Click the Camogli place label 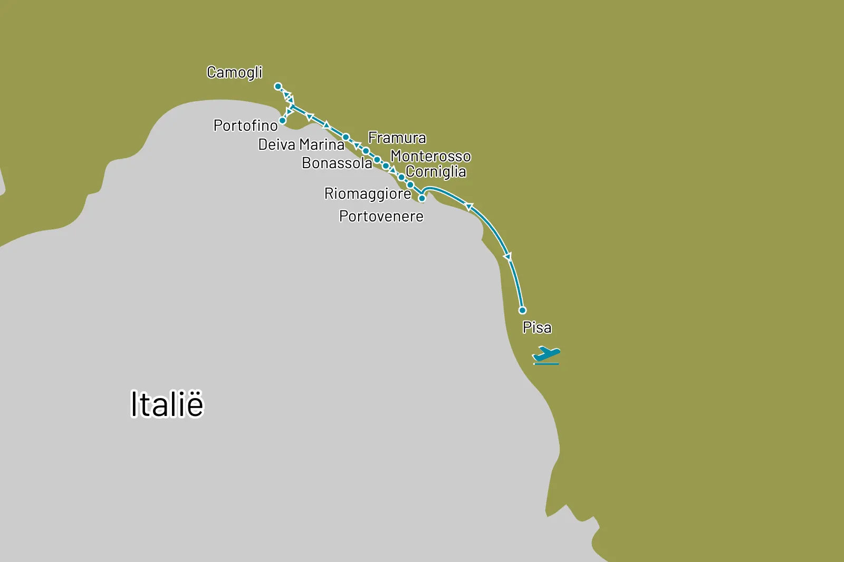pyautogui.click(x=234, y=72)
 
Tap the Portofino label pyautogui.click(x=245, y=125)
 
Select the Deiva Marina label pyautogui.click(x=301, y=144)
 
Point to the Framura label pyautogui.click(x=397, y=138)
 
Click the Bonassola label pyautogui.click(x=337, y=163)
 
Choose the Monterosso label pyautogui.click(x=430, y=156)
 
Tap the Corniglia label pyautogui.click(x=436, y=172)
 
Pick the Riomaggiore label pyautogui.click(x=367, y=193)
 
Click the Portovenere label pyautogui.click(x=381, y=216)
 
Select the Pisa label pyautogui.click(x=536, y=327)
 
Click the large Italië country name pyautogui.click(x=167, y=404)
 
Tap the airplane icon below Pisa pyautogui.click(x=546, y=355)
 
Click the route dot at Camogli pyautogui.click(x=278, y=86)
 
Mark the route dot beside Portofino pyautogui.click(x=282, y=121)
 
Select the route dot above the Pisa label pyautogui.click(x=522, y=310)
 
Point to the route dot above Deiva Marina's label pyautogui.click(x=346, y=137)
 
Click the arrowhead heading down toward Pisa pyautogui.click(x=508, y=257)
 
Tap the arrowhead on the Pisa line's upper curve pyautogui.click(x=468, y=207)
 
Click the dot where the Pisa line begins pyautogui.click(x=422, y=198)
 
